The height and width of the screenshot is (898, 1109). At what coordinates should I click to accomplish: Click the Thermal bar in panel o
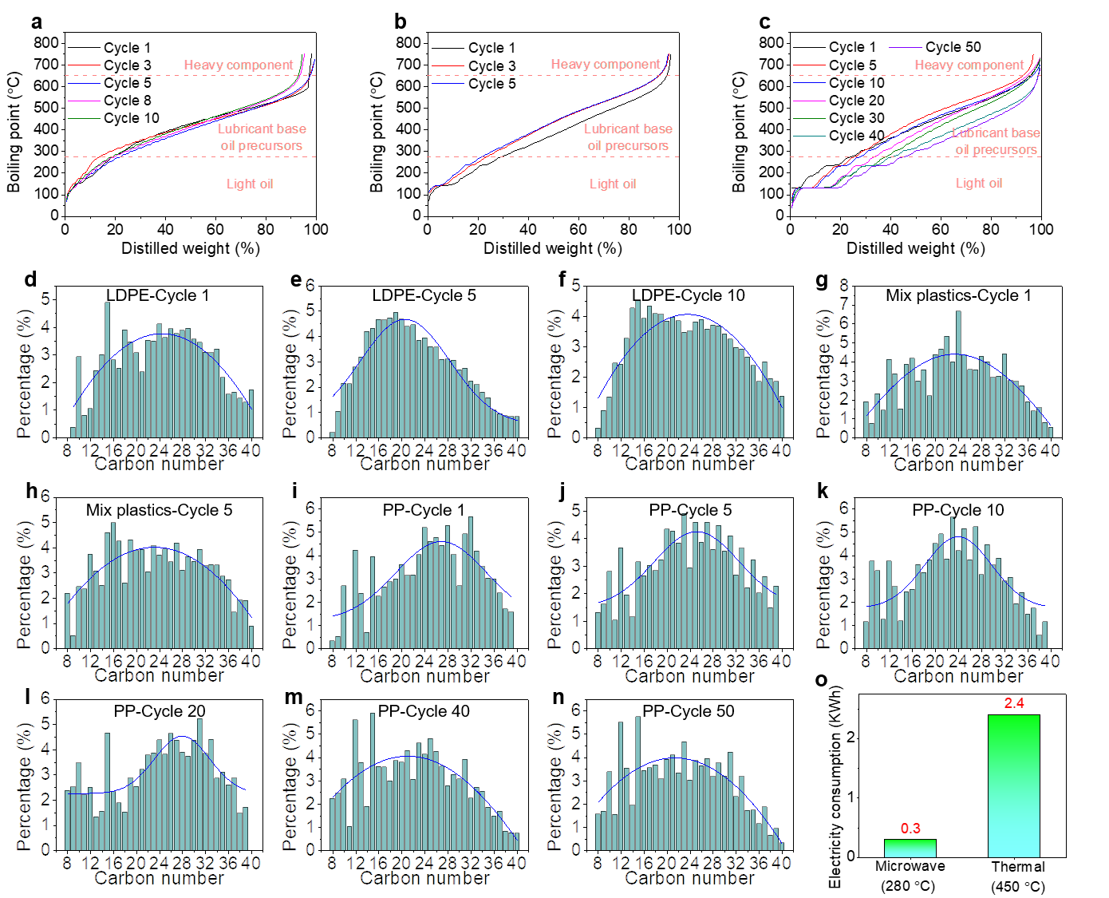[x=1013, y=785]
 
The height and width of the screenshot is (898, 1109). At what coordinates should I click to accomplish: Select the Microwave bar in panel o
[x=910, y=848]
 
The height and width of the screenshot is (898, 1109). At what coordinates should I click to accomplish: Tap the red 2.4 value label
[x=1014, y=703]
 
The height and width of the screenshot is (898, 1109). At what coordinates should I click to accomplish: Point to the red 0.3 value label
[x=910, y=829]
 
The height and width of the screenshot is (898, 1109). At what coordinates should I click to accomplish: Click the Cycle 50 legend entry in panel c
[x=953, y=47]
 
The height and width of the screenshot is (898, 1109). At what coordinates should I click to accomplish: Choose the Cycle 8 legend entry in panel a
[x=127, y=101]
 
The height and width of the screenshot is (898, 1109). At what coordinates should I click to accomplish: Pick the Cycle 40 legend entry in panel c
[x=856, y=136]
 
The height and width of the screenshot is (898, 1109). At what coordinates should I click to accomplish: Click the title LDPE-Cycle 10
[x=688, y=295]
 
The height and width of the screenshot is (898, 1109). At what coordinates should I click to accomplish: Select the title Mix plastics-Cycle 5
[x=159, y=510]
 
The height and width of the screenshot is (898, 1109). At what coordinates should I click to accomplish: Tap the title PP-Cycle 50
[x=688, y=711]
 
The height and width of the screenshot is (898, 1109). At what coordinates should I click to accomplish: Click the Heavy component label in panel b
[x=606, y=64]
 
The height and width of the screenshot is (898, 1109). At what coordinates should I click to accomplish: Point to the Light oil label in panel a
[x=249, y=184]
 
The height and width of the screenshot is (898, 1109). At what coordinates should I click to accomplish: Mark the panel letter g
[x=822, y=280]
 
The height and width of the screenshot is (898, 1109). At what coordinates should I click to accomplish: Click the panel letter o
[x=822, y=680]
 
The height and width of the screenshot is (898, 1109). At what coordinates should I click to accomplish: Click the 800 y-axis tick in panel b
[x=408, y=42]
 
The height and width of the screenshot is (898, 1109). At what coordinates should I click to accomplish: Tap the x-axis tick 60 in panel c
[x=941, y=230]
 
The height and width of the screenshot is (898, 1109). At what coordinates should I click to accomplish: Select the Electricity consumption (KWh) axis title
[x=835, y=788]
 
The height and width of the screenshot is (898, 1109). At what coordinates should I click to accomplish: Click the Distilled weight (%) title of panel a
[x=190, y=248]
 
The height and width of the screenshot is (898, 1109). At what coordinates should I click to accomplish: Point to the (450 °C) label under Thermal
[x=1017, y=886]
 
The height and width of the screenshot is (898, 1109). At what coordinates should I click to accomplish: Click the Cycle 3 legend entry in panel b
[x=491, y=66]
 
